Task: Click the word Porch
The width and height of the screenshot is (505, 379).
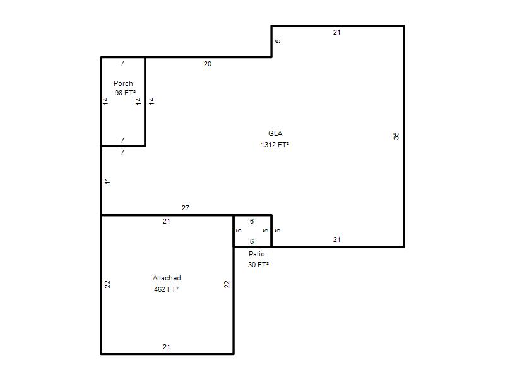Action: [123, 83]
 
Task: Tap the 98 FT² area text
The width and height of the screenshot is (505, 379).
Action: [125, 93]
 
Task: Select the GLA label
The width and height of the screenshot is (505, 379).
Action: [275, 133]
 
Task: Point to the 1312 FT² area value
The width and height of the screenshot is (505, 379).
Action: [275, 145]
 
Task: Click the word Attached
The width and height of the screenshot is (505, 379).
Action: [167, 278]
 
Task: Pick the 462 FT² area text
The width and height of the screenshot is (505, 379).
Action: [166, 289]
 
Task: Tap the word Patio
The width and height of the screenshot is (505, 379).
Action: [257, 254]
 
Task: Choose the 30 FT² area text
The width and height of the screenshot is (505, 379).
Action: [258, 265]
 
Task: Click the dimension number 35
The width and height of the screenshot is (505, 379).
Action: [396, 136]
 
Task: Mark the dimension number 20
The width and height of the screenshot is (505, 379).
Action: [208, 64]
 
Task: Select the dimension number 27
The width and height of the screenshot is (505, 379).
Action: [185, 208]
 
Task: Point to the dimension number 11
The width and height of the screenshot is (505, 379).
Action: [107, 181]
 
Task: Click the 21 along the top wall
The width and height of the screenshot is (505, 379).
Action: [336, 32]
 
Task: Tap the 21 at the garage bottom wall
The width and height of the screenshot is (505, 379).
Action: [166, 347]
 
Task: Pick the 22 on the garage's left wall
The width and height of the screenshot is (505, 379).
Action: [107, 284]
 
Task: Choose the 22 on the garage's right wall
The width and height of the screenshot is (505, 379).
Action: [227, 284]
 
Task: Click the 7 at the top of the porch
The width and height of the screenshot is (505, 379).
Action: [122, 63]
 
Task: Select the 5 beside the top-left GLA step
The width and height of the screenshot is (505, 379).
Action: [278, 41]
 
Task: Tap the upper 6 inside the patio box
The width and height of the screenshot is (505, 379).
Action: [251, 221]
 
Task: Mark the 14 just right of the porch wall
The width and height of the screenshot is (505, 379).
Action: [151, 101]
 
